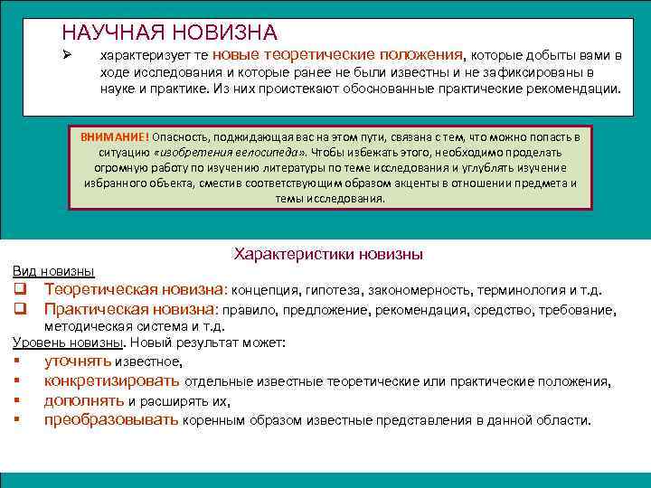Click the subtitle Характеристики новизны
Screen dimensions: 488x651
point(328,254)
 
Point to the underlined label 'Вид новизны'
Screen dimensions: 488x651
point(53,271)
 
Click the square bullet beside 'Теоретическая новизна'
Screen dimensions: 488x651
point(18,290)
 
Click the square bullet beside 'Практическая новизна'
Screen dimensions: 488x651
point(18,310)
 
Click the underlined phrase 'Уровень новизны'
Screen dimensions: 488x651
point(66,343)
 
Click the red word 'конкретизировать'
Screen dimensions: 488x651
point(111,381)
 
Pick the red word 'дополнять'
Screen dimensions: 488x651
point(84,400)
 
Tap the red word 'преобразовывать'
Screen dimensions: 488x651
point(111,420)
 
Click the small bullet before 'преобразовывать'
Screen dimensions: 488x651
point(17,420)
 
